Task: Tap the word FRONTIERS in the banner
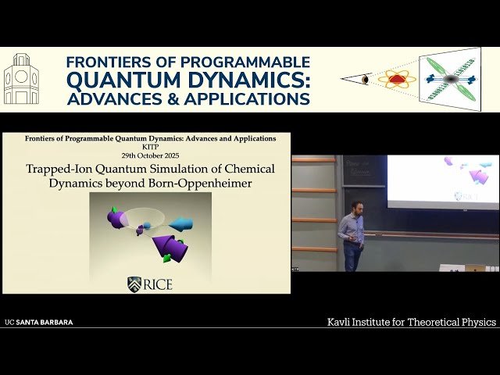pos(105,62)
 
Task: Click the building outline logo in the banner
pos(21,79)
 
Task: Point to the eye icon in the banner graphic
pos(365,80)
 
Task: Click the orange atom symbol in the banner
pos(396,79)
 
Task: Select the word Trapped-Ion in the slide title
pos(62,168)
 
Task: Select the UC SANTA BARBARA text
pos(39,322)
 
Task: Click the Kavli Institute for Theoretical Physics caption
pos(411,322)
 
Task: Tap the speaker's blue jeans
pos(352,256)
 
